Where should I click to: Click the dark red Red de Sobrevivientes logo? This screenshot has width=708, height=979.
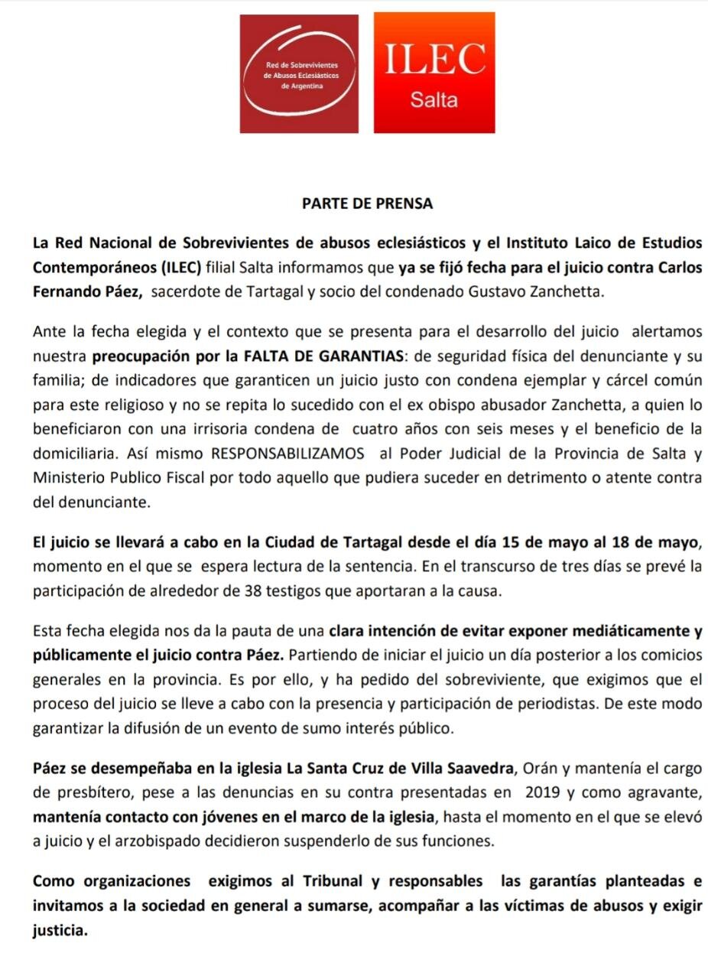299,73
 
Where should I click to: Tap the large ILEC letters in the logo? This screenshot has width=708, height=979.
434,59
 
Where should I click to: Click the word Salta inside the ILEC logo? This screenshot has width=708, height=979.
434,99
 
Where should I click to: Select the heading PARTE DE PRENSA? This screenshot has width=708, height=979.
367,203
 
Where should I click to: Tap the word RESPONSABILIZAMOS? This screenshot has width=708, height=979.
287,454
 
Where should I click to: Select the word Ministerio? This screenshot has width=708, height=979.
67,478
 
